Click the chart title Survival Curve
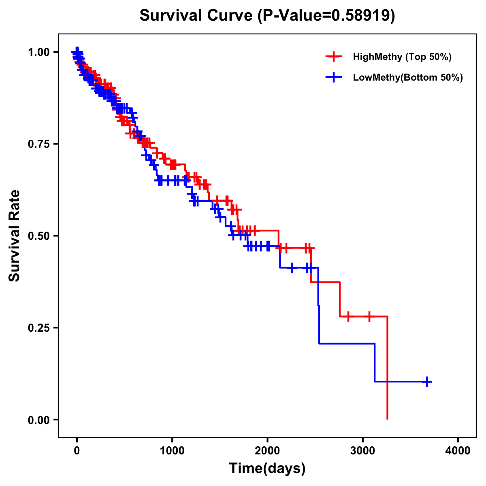[197, 15]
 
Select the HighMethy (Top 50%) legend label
[402, 57]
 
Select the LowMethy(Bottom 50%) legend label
[408, 77]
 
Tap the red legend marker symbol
[333, 57]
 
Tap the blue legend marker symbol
[333, 77]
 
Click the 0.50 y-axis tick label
[38, 236]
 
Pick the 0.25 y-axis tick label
[38, 328]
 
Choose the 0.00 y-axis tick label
[38, 420]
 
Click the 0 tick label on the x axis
[77, 450]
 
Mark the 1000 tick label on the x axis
[172, 450]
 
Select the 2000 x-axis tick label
[267, 450]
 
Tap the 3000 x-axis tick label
[363, 450]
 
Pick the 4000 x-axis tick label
[458, 450]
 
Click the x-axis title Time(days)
[267, 469]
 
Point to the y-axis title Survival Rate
[15, 236]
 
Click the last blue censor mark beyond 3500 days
[427, 382]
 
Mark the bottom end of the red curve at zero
[388, 418]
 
